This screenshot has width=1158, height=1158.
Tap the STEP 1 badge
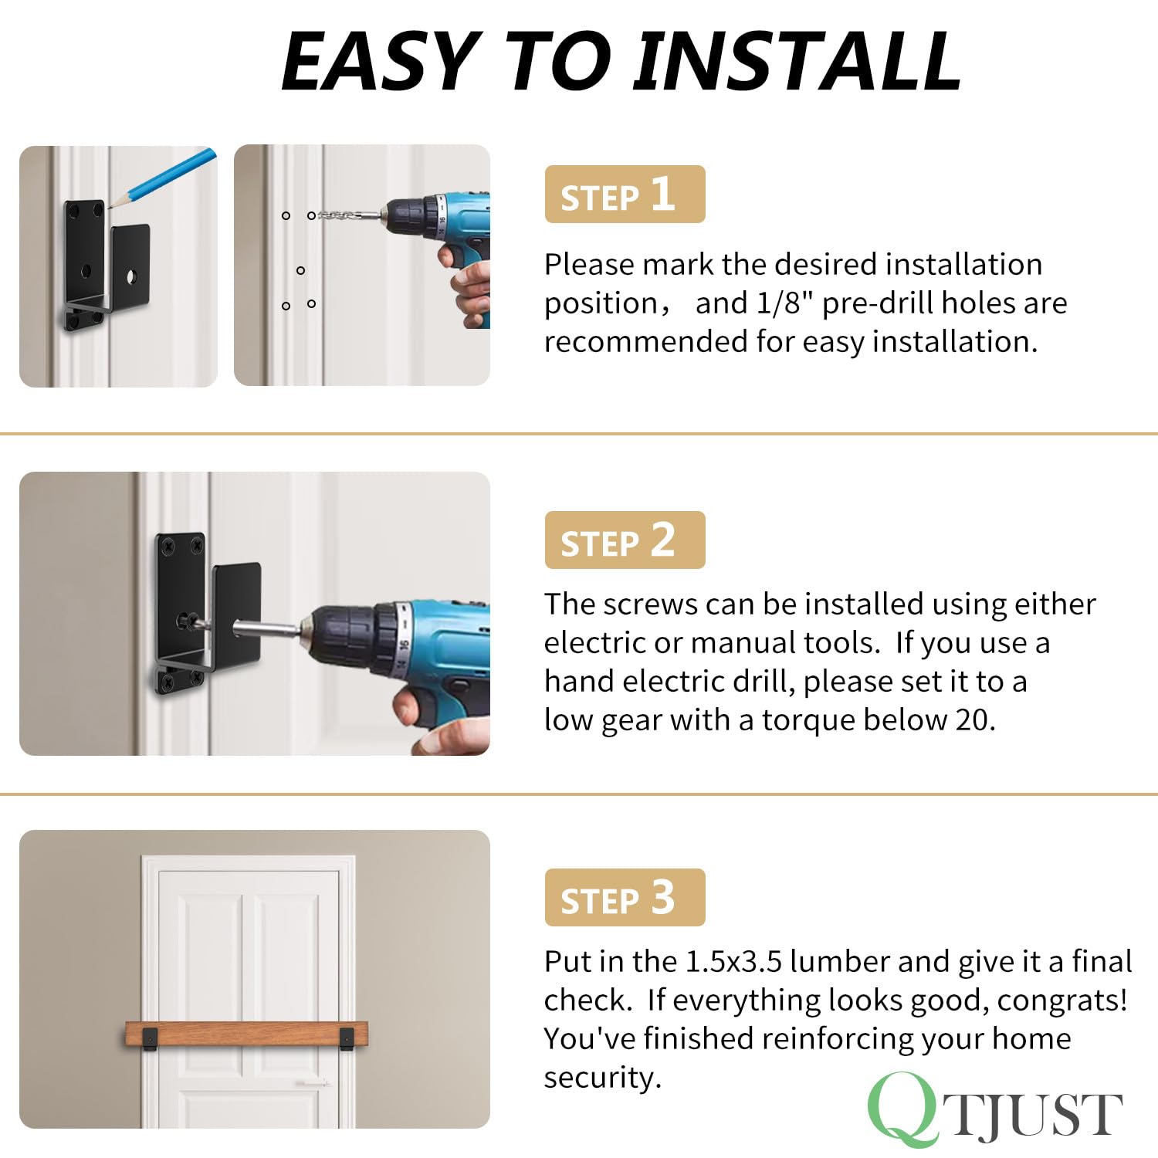(625, 195)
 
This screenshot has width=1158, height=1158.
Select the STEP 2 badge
(625, 540)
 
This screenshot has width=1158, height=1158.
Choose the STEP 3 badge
(625, 898)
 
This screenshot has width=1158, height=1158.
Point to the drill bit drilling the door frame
(347, 215)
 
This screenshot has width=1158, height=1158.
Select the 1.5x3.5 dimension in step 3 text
(733, 962)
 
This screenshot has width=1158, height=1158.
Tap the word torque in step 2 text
(808, 720)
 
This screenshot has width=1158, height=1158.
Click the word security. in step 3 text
(603, 1078)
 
